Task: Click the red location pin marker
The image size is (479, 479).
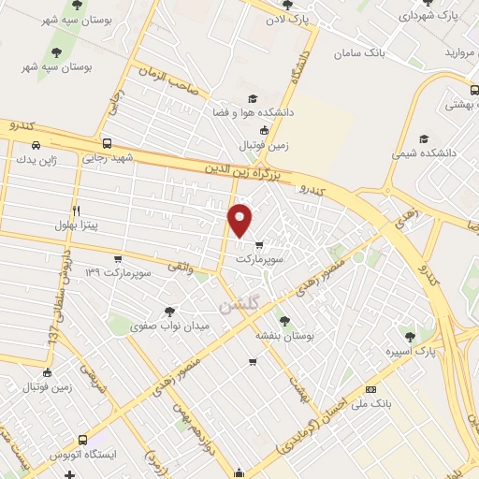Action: (x=241, y=219)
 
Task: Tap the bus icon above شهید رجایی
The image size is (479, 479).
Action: (x=108, y=144)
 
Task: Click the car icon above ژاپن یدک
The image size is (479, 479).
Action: (x=36, y=145)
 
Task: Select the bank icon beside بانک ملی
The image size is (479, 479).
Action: (x=371, y=388)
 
